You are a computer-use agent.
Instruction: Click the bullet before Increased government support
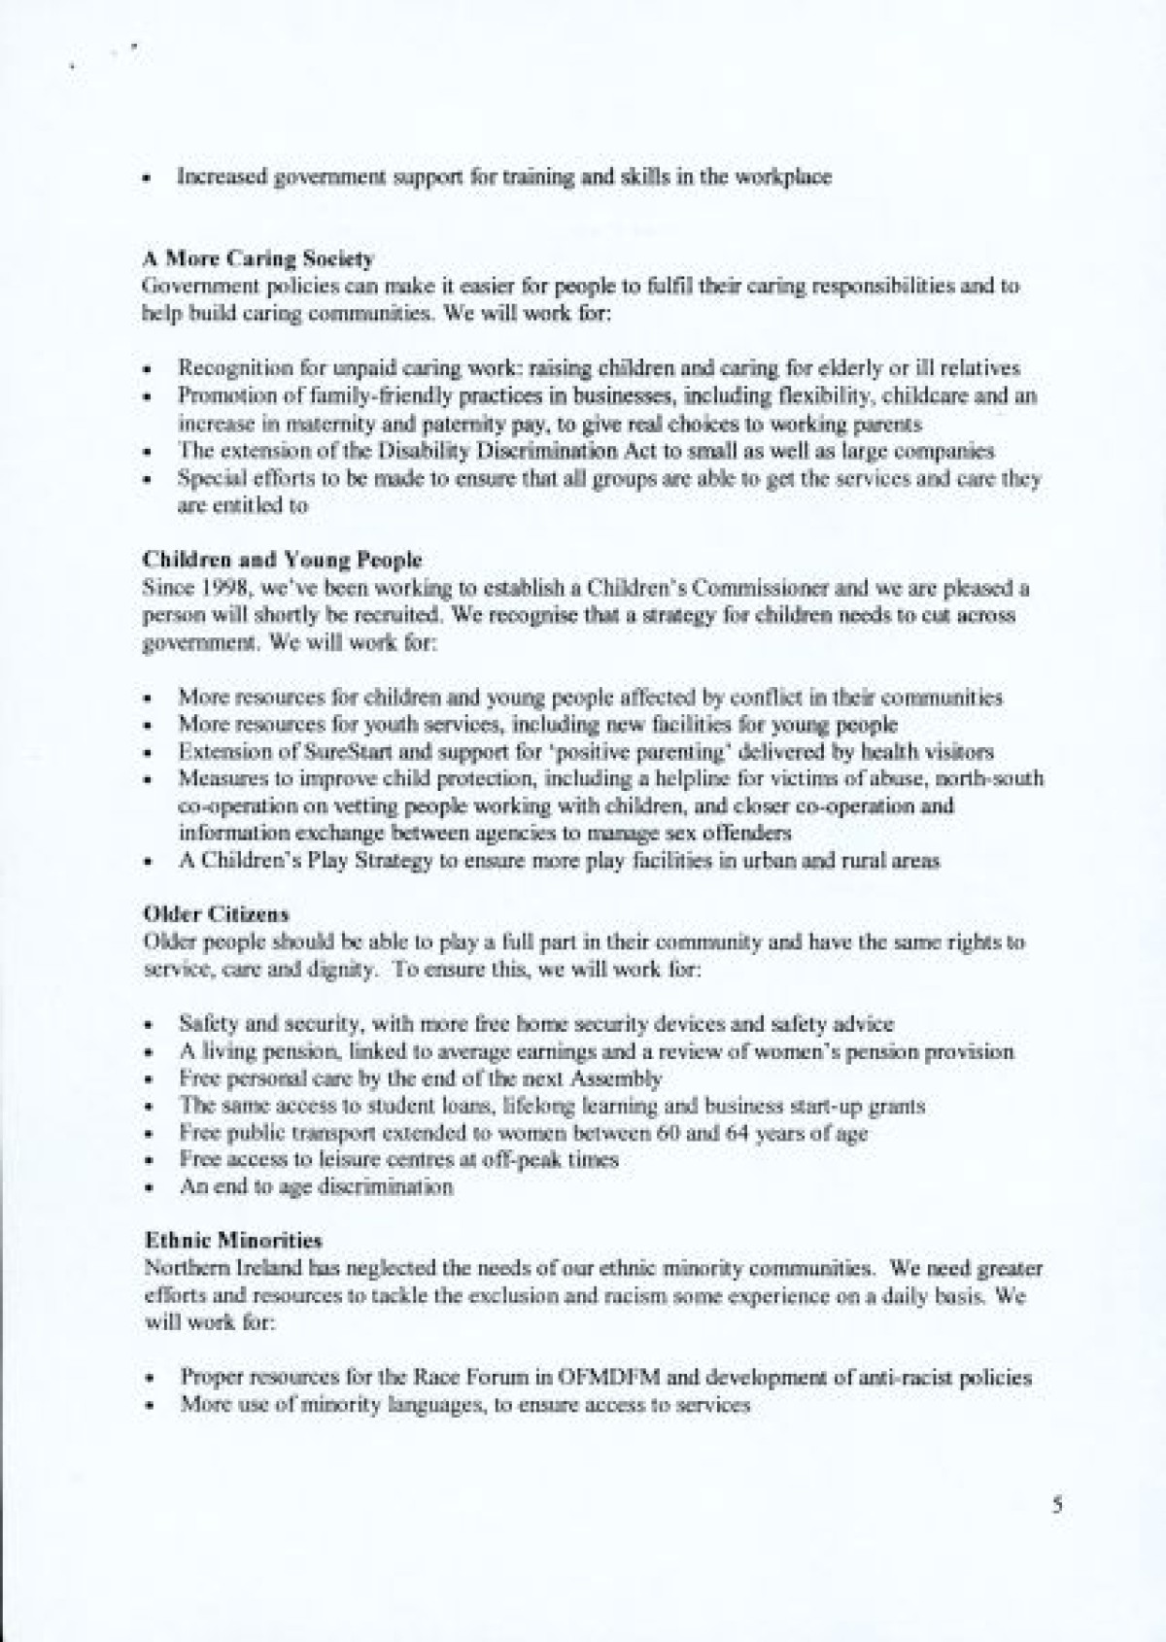[146, 180]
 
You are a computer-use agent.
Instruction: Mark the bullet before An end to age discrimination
[146, 1188]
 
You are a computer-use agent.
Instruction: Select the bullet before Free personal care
[146, 1079]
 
